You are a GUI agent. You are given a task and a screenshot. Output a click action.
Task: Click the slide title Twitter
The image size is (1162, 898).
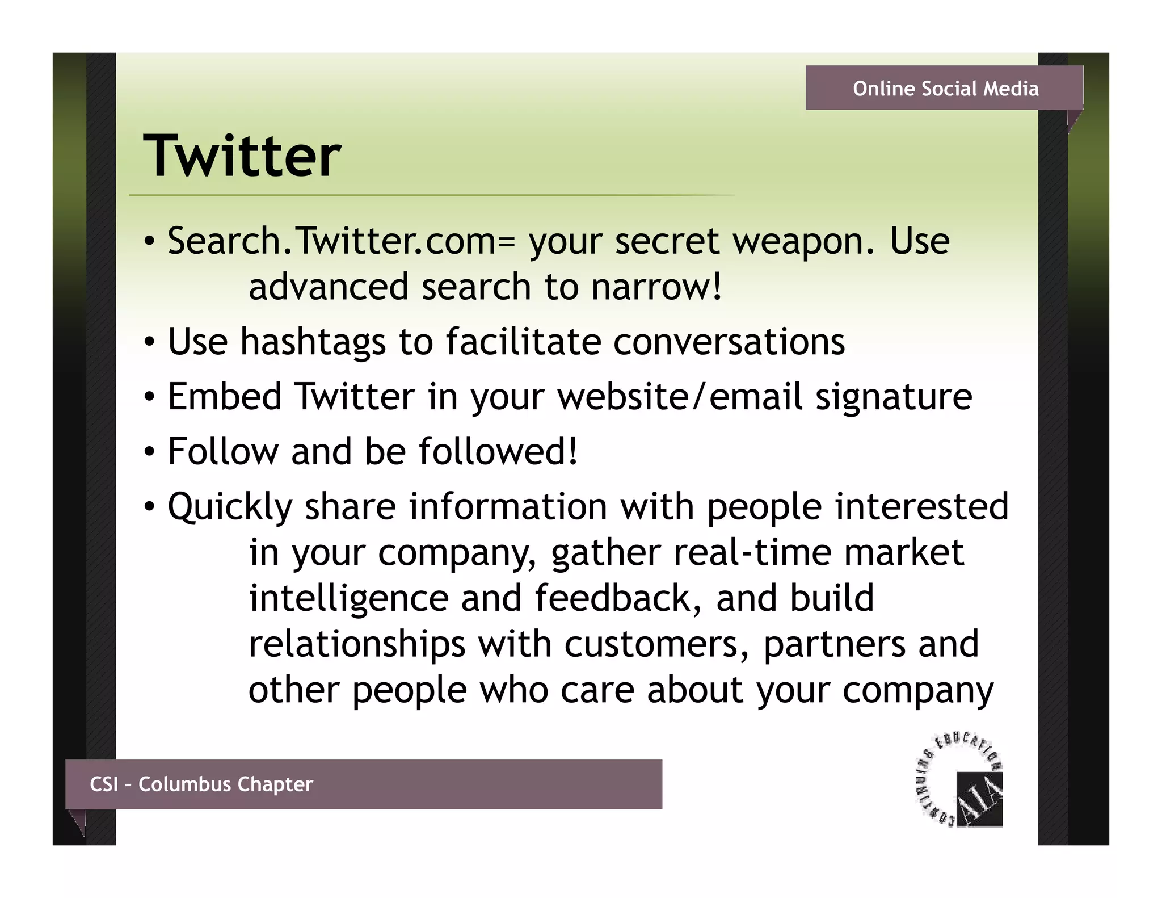(242, 156)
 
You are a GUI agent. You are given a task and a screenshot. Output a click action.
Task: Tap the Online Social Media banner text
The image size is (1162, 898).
(946, 89)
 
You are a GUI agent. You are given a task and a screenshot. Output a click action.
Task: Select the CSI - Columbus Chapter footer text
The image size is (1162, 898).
(201, 784)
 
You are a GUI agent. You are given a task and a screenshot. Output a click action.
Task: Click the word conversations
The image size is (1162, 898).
(729, 342)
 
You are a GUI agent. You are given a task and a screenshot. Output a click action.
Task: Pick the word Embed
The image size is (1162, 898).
(225, 396)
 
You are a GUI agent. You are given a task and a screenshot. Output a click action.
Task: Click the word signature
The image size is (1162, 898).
(894, 396)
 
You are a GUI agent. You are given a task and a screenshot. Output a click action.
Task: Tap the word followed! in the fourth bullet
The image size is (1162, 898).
(499, 451)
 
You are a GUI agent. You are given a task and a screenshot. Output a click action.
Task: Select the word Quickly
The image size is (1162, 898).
(230, 507)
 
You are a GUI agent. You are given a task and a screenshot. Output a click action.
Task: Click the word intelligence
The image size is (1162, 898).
(349, 598)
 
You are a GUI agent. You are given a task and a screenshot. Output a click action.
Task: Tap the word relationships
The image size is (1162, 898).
(357, 644)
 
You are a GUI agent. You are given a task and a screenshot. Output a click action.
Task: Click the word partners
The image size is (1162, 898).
(834, 644)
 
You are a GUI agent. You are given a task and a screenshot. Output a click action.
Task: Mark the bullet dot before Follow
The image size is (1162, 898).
(149, 452)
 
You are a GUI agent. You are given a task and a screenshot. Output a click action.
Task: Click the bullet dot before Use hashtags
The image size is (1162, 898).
(149, 342)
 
